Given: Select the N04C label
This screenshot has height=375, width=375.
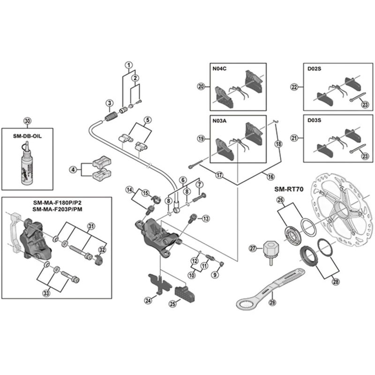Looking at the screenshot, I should point(219,69).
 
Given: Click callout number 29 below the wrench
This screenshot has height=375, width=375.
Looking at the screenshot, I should point(271,302).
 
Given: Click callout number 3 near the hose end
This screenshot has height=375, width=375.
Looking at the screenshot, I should point(109,103).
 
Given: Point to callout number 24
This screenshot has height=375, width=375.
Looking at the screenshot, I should point(148,300).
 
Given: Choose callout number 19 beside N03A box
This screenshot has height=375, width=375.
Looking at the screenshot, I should point(200,139).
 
